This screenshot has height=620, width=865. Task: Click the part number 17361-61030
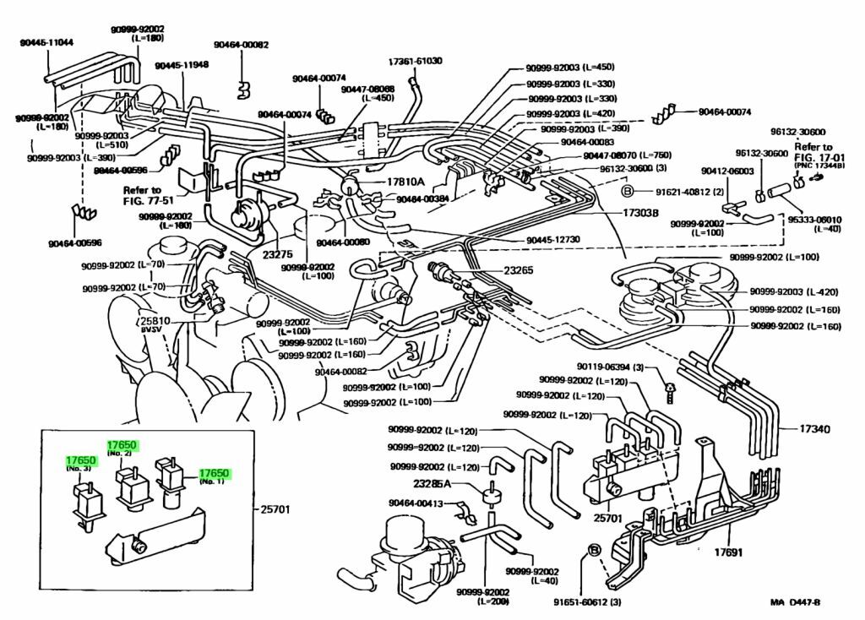(x=416, y=62)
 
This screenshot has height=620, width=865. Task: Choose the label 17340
(x=816, y=429)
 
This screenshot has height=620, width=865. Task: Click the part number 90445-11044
(x=46, y=42)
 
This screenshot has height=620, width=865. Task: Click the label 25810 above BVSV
(x=155, y=323)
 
